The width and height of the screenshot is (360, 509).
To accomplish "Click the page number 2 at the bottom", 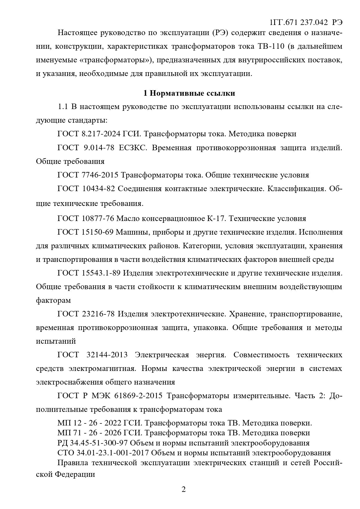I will tap(183, 489).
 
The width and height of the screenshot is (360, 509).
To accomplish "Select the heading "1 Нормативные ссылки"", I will tap(189, 93).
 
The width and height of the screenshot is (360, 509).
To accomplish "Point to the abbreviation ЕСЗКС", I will tap(133, 148).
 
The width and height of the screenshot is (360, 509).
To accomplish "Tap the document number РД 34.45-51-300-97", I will tap(93, 443).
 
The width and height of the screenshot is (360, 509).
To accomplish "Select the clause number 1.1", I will tap(63, 107).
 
